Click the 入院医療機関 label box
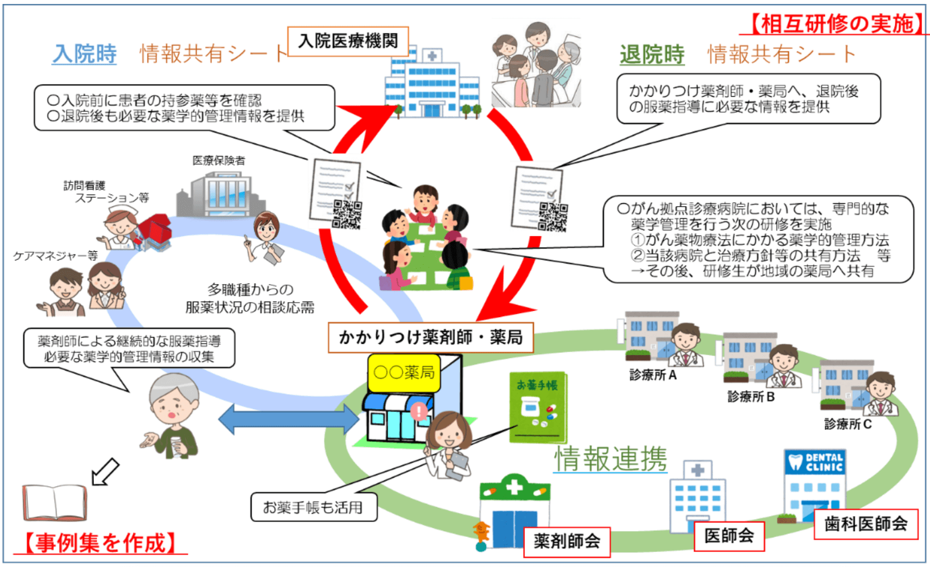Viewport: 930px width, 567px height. (348, 41)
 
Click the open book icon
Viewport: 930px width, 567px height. (55, 502)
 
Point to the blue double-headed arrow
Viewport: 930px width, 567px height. (289, 420)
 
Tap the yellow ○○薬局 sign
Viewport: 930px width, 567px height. (404, 373)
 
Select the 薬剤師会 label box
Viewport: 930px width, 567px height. (566, 541)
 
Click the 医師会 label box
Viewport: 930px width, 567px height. (729, 535)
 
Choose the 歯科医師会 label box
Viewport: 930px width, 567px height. (865, 524)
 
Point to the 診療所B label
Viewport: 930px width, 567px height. (751, 397)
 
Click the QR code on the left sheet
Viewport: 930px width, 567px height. (347, 214)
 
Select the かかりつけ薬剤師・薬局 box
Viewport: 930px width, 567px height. (431, 338)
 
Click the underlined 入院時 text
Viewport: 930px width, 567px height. (84, 54)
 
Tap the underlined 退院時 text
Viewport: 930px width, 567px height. (652, 55)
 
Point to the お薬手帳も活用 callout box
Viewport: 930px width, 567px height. (314, 507)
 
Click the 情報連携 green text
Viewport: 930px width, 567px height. (611, 458)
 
